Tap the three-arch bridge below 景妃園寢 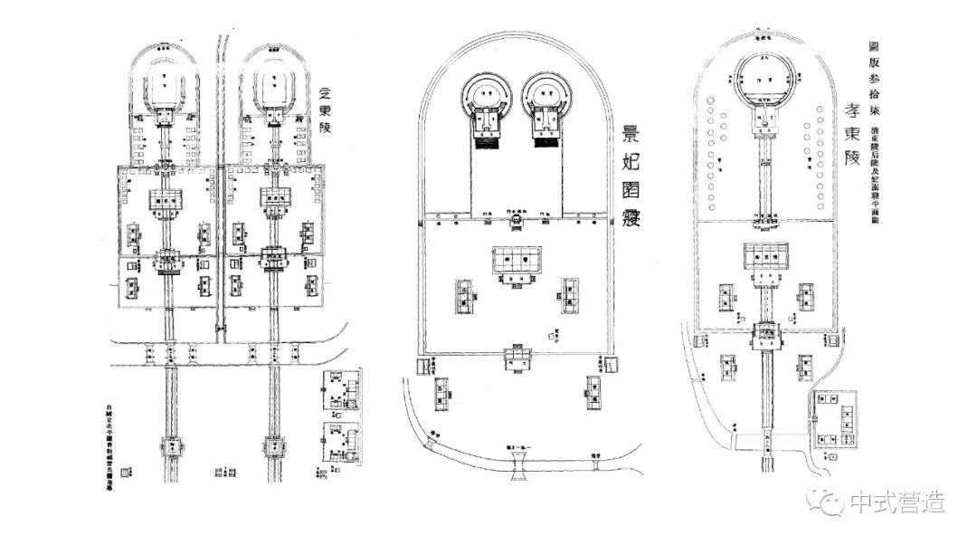click(524, 465)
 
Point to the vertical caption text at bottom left click(111, 435)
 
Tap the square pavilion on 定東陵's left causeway click(169, 446)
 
